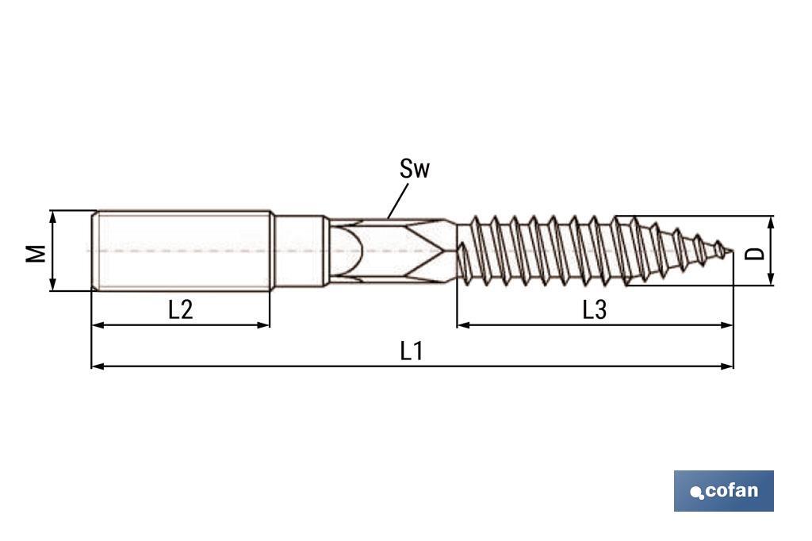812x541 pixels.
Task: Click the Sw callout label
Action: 414,169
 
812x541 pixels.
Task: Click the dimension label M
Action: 36,253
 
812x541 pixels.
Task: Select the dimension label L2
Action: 181,309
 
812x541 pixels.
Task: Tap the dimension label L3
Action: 594,309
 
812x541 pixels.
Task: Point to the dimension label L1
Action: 411,351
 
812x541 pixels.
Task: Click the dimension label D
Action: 756,253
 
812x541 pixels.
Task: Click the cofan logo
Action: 723,491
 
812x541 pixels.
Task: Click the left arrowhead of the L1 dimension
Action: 97,366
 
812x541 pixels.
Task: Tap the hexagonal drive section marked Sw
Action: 393,251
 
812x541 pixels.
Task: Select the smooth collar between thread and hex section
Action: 300,251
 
